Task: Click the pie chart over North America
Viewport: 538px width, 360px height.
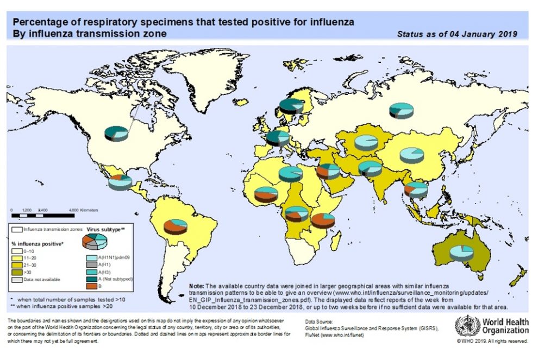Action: pos(116,133)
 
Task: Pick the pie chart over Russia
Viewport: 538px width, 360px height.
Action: pos(401,111)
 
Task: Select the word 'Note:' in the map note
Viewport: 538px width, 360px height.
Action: pos(196,285)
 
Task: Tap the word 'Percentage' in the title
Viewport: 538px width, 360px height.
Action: pos(36,22)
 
